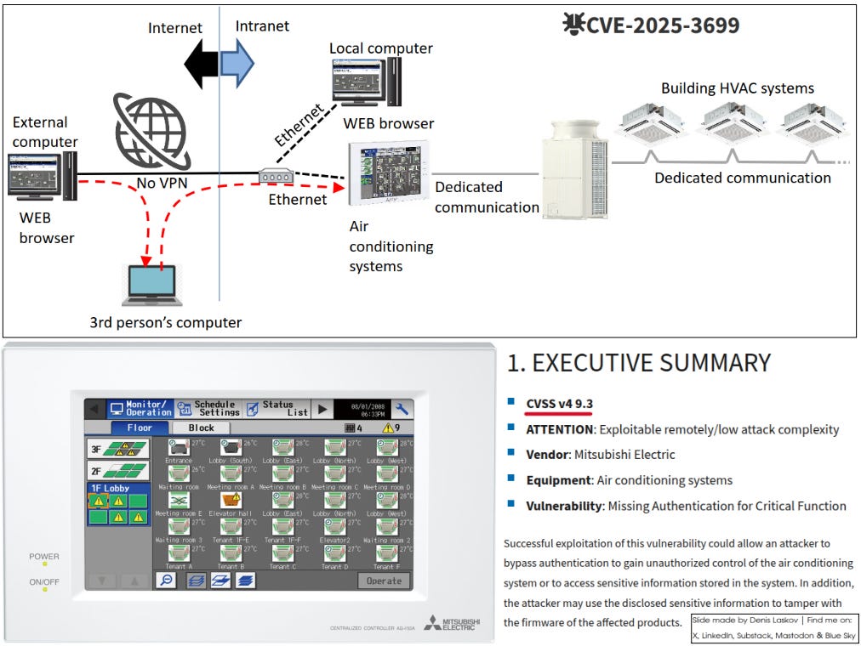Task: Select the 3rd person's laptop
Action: tap(152, 286)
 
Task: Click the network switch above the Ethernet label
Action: tap(276, 177)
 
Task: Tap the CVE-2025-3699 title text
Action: tap(661, 25)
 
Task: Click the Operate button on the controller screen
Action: tap(383, 581)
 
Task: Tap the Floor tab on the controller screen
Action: tap(140, 428)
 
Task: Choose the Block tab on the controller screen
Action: tap(201, 428)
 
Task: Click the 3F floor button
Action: tap(118, 448)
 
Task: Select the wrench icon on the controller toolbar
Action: tap(402, 409)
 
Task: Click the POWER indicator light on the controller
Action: tap(44, 564)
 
